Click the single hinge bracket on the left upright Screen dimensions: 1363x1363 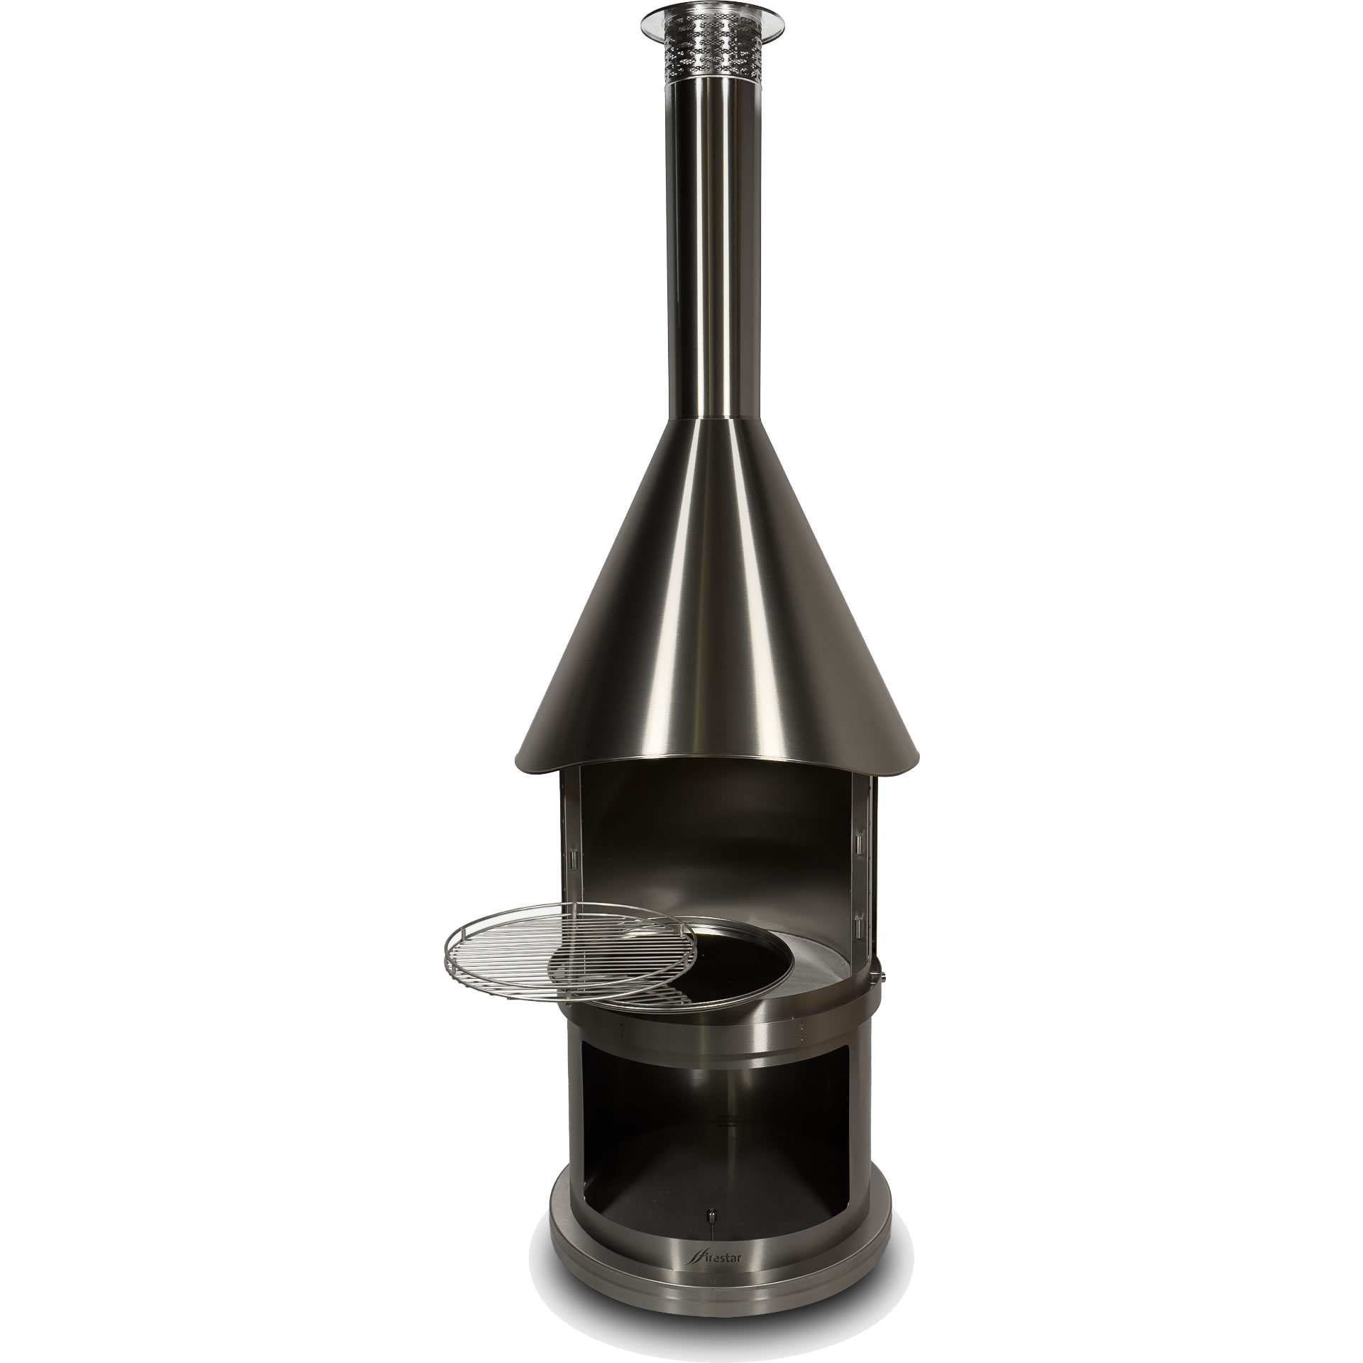pyautogui.click(x=571, y=860)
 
